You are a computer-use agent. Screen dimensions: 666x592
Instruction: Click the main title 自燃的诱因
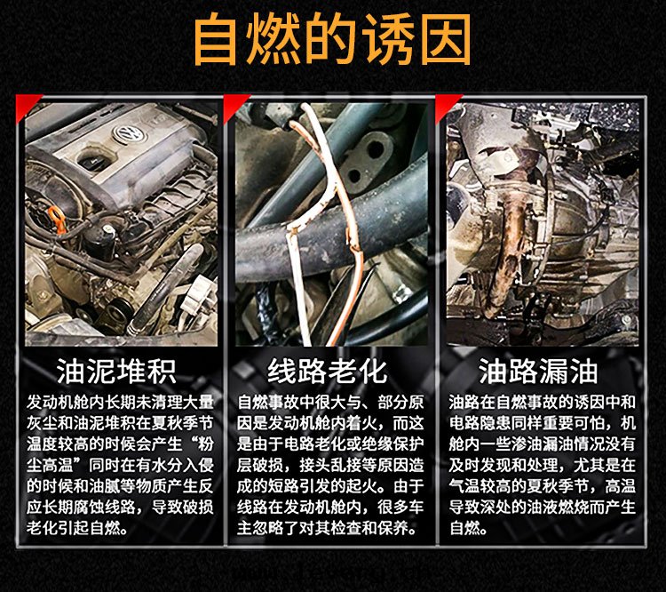[x=332, y=39]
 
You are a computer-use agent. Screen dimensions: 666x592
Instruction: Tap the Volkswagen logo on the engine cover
[x=130, y=133]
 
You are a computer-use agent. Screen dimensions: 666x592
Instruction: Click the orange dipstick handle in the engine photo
[x=59, y=220]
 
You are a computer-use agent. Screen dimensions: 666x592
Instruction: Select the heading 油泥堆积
[x=116, y=371]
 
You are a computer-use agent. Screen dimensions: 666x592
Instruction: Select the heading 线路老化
[x=327, y=371]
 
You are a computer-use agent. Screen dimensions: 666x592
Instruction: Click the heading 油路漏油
[x=538, y=371]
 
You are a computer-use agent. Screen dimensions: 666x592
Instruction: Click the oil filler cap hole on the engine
[x=92, y=160]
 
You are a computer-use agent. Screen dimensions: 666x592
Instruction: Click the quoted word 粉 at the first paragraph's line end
[x=206, y=444]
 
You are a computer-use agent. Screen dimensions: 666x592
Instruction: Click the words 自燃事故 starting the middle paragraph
[x=268, y=403]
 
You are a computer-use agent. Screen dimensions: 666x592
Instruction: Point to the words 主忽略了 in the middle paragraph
[x=268, y=529]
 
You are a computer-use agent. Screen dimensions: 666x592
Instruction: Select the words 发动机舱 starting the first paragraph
[x=58, y=403]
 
